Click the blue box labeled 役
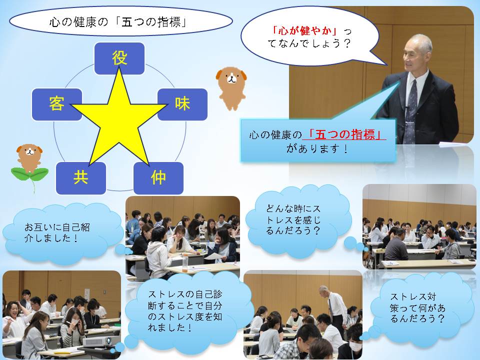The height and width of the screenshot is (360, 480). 119,58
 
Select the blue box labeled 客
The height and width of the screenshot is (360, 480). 57,104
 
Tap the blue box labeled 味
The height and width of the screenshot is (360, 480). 182,104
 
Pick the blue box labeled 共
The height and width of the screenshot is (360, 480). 81,178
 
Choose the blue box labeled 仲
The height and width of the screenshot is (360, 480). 158,178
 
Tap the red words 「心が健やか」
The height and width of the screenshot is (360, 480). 305,31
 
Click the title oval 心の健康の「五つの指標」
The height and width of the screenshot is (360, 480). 121,21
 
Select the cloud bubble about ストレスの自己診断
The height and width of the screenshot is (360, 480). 185,311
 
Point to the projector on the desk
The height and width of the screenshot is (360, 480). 97,341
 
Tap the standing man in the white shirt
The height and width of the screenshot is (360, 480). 334,307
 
